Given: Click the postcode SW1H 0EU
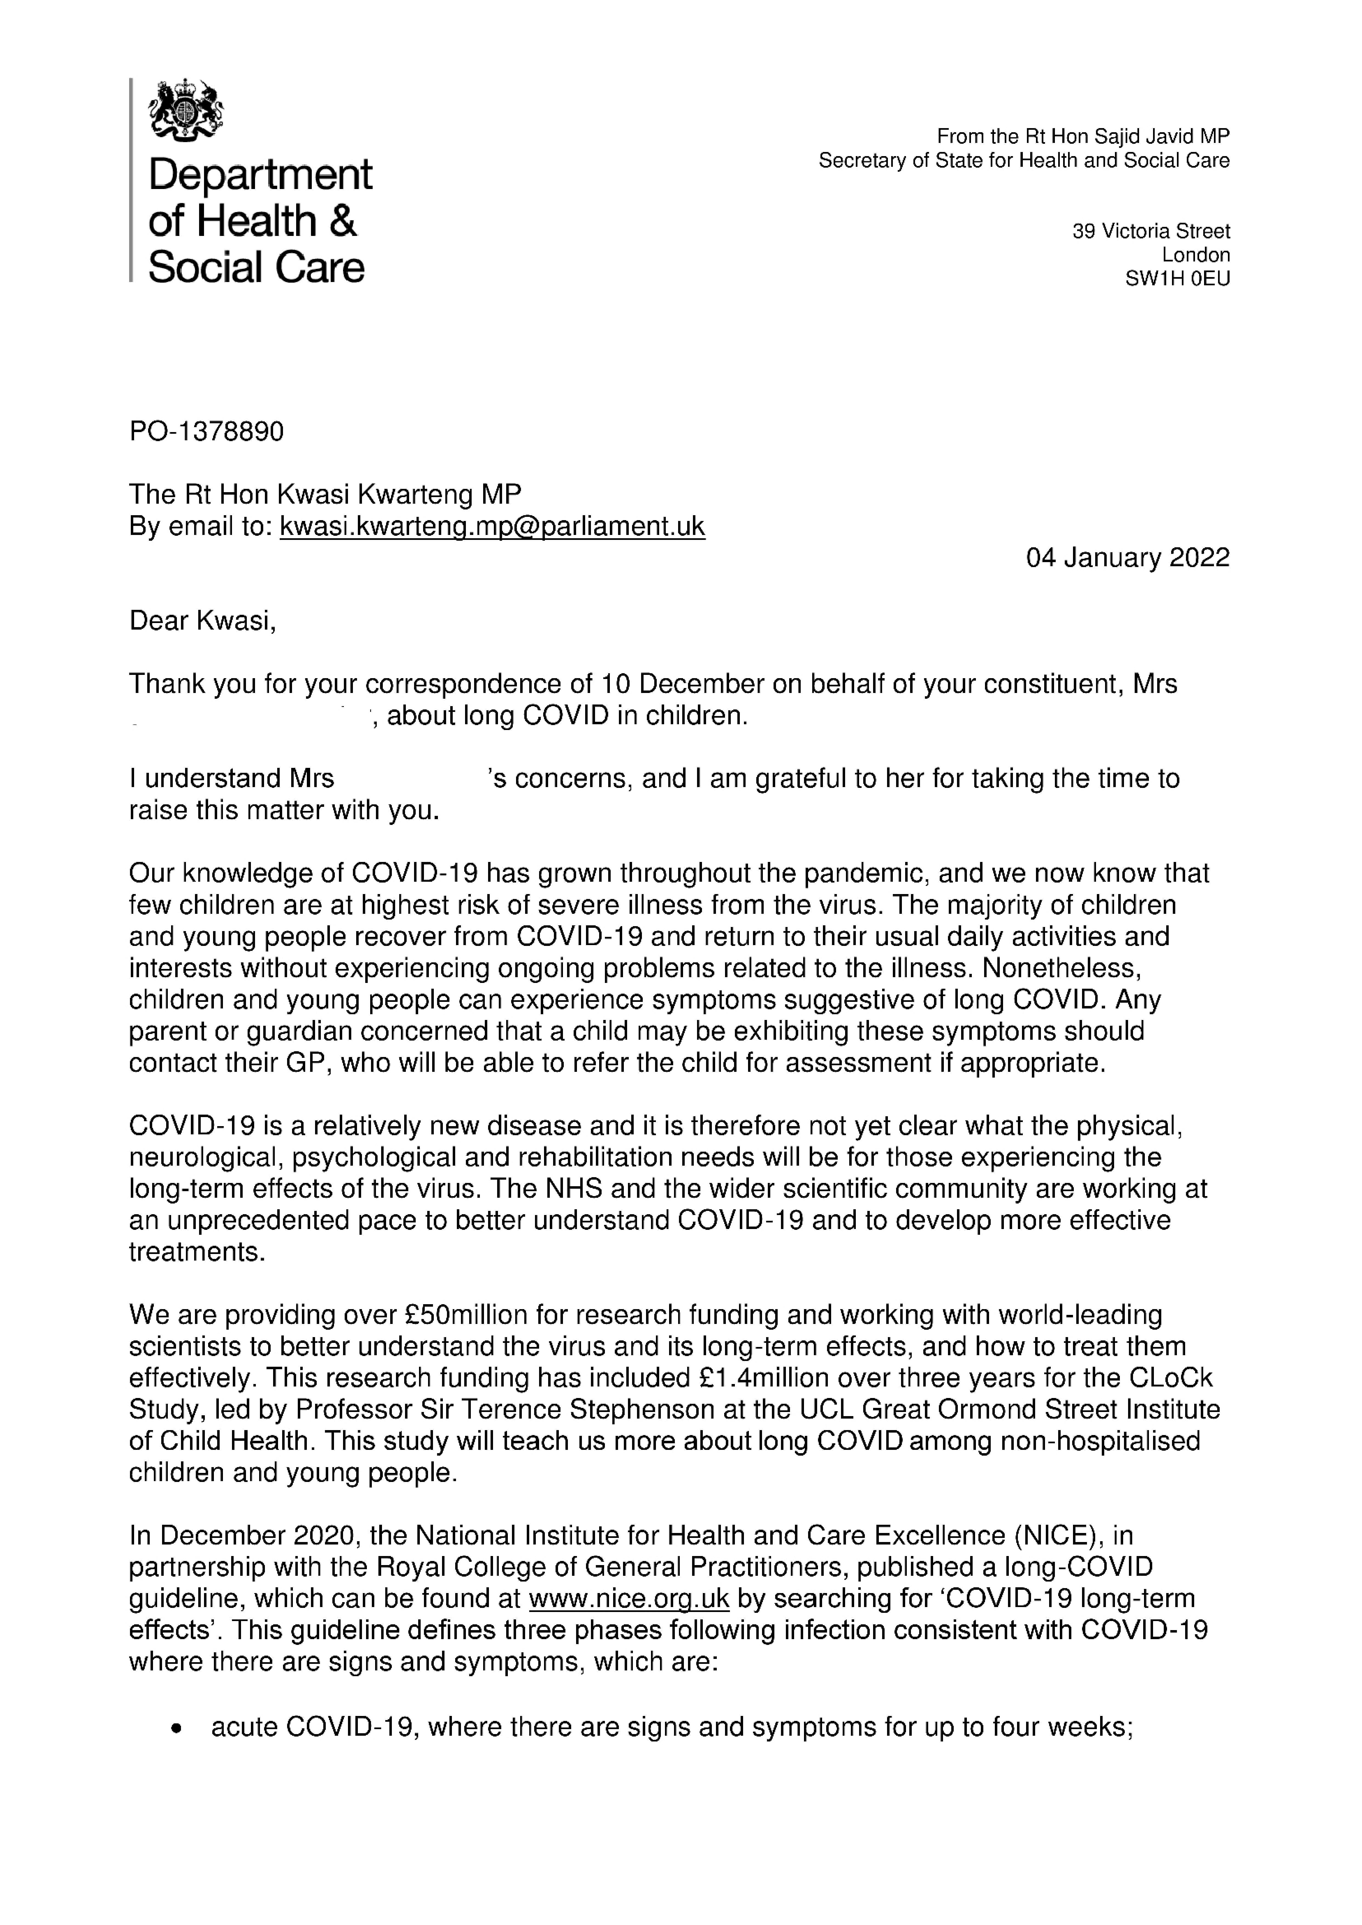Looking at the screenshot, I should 1177,280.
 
